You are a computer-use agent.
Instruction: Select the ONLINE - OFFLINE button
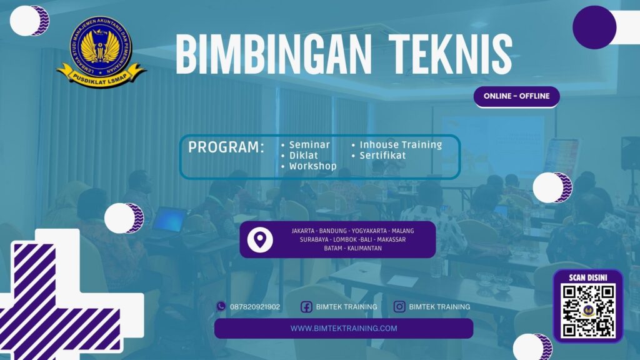tap(516, 96)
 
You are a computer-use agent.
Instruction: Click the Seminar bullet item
tap(309, 144)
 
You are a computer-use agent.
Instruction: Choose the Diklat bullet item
tap(304, 155)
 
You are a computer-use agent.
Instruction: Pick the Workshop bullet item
tap(312, 166)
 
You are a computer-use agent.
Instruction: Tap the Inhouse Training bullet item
tap(401, 144)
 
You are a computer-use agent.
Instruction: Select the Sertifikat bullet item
tap(382, 155)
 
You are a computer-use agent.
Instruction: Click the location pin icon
tap(260, 240)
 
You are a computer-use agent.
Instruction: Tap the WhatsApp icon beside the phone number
tap(221, 306)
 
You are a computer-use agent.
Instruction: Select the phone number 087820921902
tap(255, 307)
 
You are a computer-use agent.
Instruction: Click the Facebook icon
tap(306, 307)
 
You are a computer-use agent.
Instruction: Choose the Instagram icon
tap(399, 307)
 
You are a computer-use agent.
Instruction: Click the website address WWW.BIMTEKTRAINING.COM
tap(344, 328)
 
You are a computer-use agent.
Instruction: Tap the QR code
tap(587, 311)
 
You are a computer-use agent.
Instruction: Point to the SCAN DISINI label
tap(587, 277)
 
